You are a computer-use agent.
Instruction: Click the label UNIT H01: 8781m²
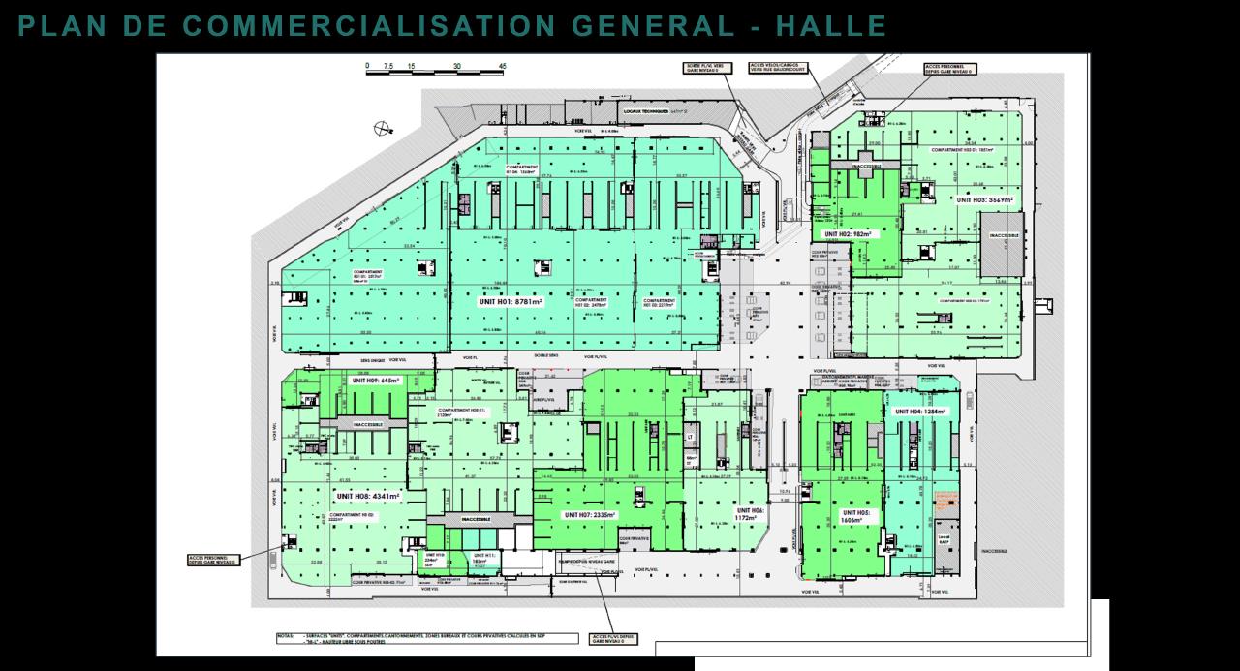point(511,301)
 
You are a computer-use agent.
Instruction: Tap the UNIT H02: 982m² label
point(848,234)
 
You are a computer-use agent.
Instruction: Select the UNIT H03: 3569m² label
point(984,200)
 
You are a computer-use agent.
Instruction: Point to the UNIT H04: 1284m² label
point(919,412)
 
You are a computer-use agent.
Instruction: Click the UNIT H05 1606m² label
point(856,515)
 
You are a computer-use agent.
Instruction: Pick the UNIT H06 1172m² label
point(751,514)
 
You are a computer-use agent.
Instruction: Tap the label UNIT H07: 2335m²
point(590,514)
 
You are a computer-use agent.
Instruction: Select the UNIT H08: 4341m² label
point(368,496)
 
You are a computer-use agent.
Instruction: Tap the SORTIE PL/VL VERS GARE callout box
point(708,69)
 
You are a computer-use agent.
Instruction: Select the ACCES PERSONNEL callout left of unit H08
point(212,559)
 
